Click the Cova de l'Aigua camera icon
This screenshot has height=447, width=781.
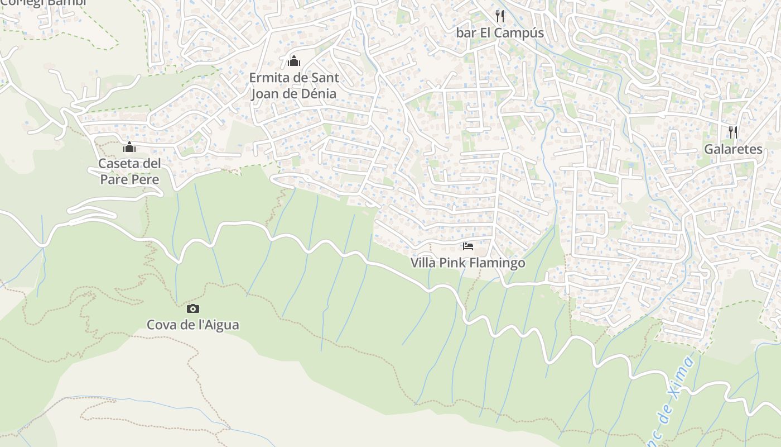click(x=192, y=308)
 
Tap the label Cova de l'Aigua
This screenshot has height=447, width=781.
click(x=192, y=325)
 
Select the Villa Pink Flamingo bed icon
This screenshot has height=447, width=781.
click(x=468, y=246)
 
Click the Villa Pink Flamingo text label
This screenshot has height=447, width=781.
click(x=468, y=263)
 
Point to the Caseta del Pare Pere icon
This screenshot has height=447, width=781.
click(x=129, y=148)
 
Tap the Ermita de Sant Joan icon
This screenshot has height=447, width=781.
click(x=293, y=61)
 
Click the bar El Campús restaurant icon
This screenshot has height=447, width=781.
click(x=500, y=16)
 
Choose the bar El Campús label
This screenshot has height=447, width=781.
click(x=500, y=33)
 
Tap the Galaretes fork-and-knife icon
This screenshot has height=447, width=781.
click(x=733, y=132)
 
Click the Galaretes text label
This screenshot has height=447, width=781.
click(x=733, y=149)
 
